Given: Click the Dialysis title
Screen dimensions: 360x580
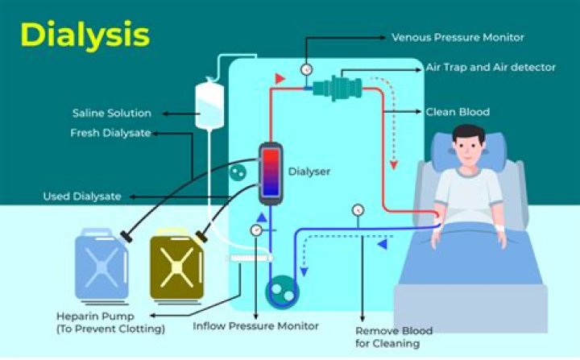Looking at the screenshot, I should point(85,35).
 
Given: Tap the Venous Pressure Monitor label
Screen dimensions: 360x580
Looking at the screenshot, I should point(458,37).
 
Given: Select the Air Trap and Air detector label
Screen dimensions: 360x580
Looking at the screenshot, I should point(490,68).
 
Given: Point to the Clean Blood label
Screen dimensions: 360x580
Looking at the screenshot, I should point(457,111).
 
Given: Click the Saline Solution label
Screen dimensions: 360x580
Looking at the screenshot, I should point(111,113).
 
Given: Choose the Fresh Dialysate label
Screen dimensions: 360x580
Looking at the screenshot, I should point(110,133).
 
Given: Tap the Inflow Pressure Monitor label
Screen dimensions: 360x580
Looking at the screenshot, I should point(255,326).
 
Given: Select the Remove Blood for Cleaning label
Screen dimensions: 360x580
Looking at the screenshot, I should point(394,337).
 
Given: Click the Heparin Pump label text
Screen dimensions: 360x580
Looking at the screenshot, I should point(110,321).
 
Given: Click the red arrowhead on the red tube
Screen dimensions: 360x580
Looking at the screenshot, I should point(280,78).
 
